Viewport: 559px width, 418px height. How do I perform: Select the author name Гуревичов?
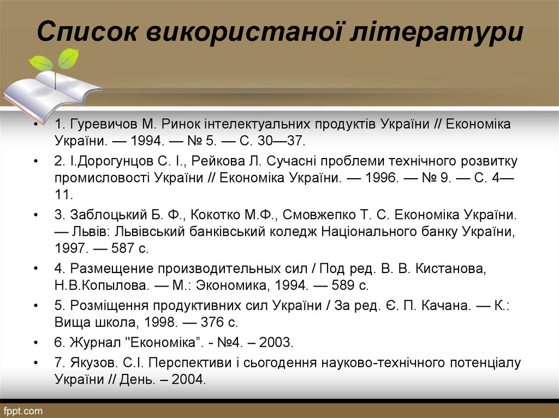pyautogui.click(x=100, y=124)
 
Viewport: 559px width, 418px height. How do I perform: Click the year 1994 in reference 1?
pyautogui.click(x=145, y=141)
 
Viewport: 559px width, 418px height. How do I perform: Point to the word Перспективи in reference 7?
pyautogui.click(x=186, y=362)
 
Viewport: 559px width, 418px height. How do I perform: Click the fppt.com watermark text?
pyautogui.click(x=22, y=410)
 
